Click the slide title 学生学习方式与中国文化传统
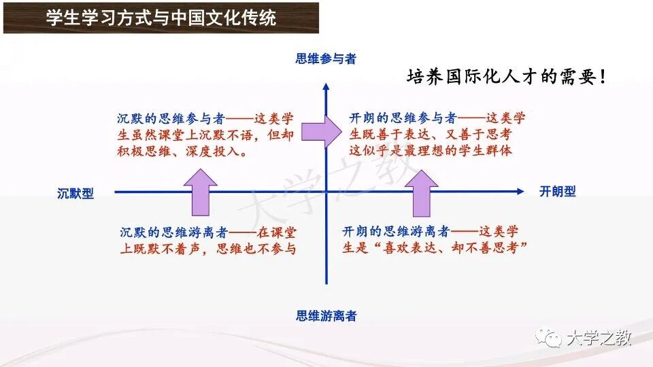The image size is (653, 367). click(x=161, y=18)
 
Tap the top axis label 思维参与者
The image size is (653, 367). click(x=326, y=59)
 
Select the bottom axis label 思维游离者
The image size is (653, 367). click(x=326, y=315)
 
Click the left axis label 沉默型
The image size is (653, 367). click(x=75, y=194)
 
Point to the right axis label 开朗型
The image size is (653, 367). click(x=557, y=192)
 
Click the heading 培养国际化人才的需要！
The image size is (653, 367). click(x=506, y=77)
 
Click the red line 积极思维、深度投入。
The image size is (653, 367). click(x=182, y=152)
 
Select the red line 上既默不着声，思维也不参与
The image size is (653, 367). click(x=208, y=249)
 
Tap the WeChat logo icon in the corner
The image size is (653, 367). click(x=548, y=337)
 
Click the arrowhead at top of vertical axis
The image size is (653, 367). click(x=326, y=86)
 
